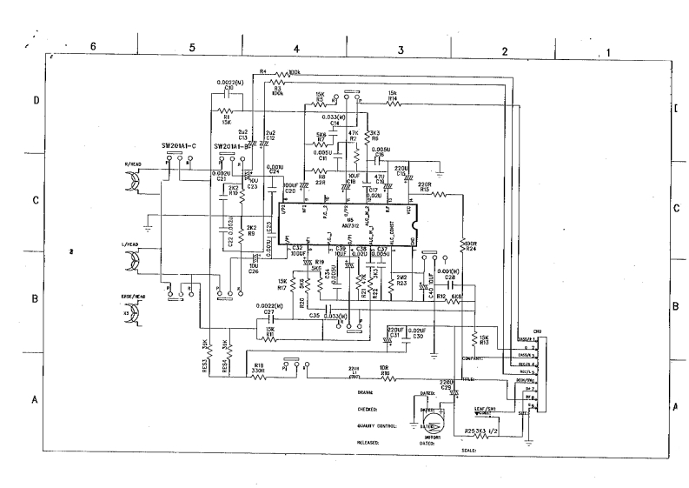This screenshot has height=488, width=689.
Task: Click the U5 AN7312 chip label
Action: pyautogui.click(x=349, y=223)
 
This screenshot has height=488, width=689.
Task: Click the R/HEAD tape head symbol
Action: pyautogui.click(x=136, y=181)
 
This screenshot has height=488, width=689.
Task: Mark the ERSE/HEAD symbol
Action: pyautogui.click(x=132, y=312)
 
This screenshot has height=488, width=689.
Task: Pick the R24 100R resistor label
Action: pyautogui.click(x=471, y=245)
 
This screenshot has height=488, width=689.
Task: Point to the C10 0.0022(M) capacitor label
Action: pyautogui.click(x=229, y=84)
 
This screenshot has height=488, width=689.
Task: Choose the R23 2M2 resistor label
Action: pyautogui.click(x=401, y=281)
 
